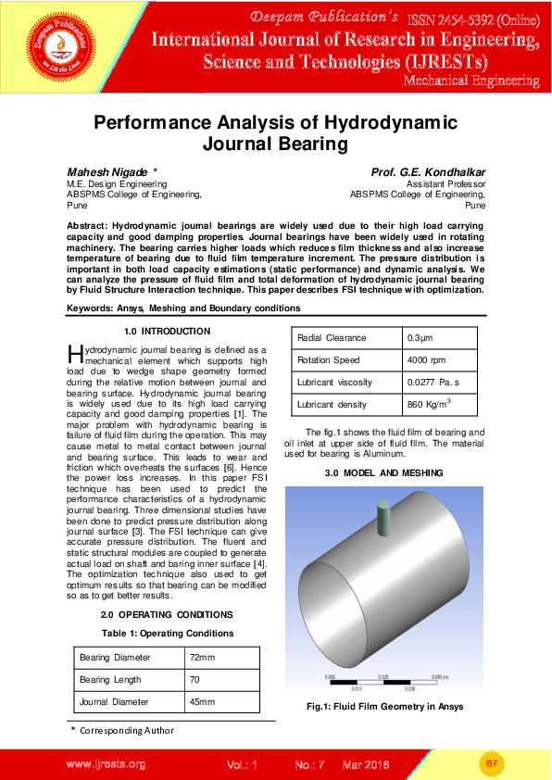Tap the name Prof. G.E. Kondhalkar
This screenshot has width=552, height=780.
[428, 172]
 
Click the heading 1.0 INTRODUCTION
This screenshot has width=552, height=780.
[167, 331]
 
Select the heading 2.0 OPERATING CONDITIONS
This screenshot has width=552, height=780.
[167, 614]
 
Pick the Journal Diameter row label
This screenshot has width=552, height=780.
[114, 701]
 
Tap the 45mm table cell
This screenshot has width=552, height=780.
[200, 701]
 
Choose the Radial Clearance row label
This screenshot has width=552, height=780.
[332, 338]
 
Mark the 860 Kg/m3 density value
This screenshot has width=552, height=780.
[429, 404]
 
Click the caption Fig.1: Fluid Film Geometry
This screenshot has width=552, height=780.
[384, 707]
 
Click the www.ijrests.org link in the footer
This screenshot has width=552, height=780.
[106, 764]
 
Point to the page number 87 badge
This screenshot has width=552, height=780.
[492, 763]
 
